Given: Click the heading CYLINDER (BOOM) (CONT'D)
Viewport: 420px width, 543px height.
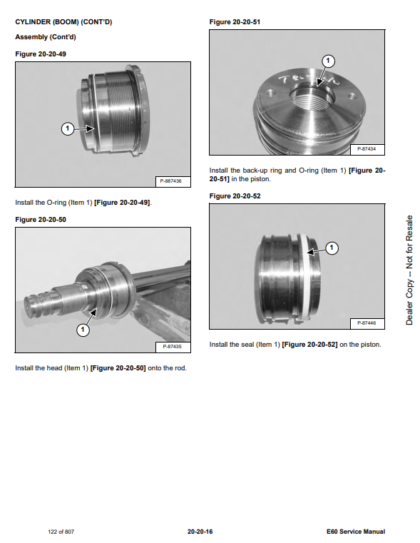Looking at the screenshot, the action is tap(63, 22).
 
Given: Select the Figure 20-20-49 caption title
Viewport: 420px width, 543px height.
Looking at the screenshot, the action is tap(41, 54).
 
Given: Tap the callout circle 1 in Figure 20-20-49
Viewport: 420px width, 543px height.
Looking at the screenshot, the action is tap(68, 129).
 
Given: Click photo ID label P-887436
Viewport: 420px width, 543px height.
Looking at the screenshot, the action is tap(170, 181).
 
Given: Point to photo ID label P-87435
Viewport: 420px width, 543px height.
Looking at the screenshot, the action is tap(172, 347).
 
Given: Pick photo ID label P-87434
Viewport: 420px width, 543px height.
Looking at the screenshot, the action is tap(367, 149).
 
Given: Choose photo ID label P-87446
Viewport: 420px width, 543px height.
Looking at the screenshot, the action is tap(367, 323).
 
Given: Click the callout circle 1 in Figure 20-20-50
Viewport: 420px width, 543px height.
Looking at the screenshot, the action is tap(83, 330).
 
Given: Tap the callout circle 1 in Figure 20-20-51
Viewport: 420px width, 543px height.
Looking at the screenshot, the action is tap(328, 61).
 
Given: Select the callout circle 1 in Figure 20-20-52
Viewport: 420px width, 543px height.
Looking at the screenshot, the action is tap(332, 248).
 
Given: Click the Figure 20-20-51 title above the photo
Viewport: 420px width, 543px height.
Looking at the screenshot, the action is tap(235, 22).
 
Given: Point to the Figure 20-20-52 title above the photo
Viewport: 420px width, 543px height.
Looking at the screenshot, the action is tap(235, 196).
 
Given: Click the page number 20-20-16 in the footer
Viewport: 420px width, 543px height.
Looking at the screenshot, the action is tap(200, 532).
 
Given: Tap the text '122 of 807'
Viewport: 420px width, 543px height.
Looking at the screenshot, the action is tap(61, 532).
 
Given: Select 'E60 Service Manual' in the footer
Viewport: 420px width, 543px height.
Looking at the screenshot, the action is tap(356, 532).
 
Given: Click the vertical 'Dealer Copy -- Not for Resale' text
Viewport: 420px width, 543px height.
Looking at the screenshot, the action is tap(409, 270).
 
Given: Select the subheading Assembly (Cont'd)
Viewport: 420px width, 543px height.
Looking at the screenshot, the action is tap(46, 37).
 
